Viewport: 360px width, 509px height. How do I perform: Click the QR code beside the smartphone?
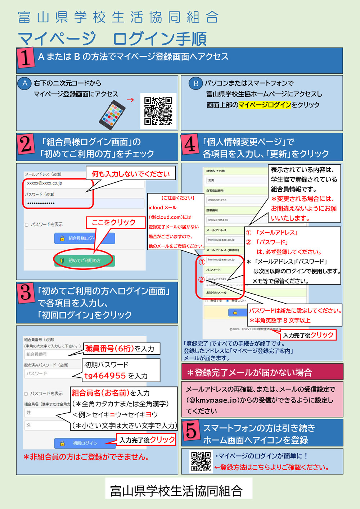point(158,111)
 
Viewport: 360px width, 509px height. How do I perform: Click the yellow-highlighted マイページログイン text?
point(265,105)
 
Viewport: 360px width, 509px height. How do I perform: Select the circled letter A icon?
point(24,83)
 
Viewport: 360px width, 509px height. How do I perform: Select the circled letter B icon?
point(196,83)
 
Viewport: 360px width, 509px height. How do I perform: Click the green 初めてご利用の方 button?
point(85,260)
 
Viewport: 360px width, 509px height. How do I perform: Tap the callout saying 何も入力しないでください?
point(131,174)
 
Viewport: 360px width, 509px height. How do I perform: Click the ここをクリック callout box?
point(113,222)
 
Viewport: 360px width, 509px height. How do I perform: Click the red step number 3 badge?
point(26,293)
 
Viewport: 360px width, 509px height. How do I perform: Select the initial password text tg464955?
point(105,376)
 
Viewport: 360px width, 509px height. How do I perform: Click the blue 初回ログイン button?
point(85,443)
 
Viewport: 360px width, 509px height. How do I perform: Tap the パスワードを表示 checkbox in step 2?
point(27,225)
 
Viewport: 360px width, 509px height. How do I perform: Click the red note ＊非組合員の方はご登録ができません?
point(86,457)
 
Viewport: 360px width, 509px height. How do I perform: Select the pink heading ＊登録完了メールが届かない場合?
point(262,372)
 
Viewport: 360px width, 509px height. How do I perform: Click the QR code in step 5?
point(201,462)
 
